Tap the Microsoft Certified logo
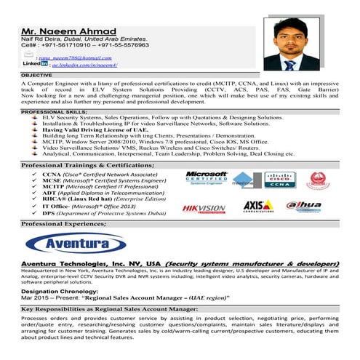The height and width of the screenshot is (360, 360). [x=206, y=178]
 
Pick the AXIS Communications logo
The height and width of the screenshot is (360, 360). [x=258, y=207]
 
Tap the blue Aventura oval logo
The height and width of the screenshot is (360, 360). [x=71, y=244]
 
